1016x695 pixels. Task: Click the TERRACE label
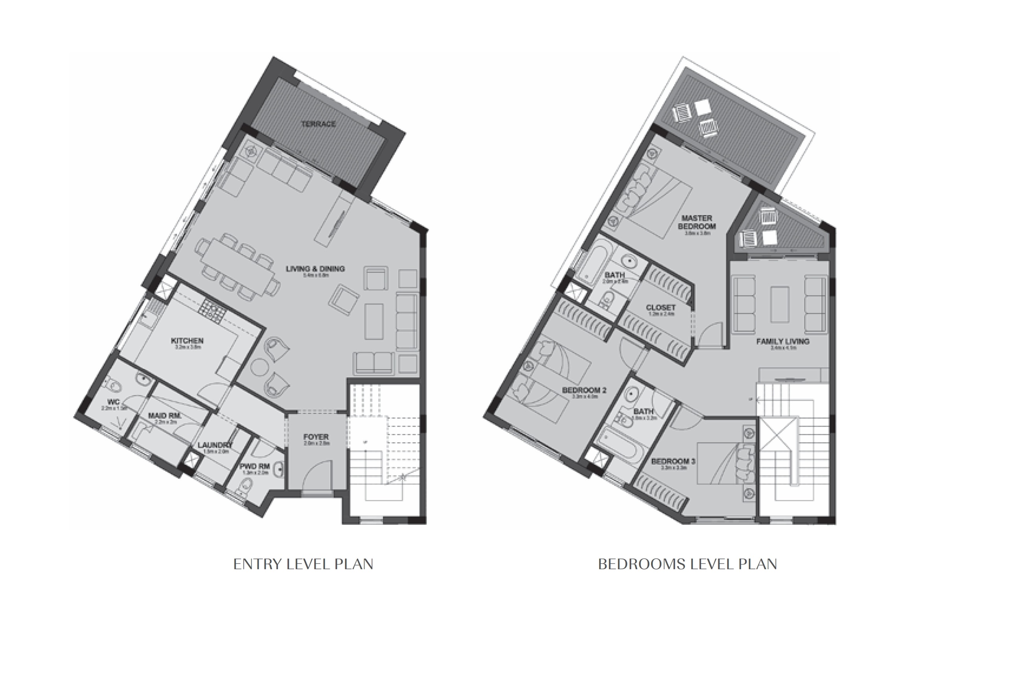click(318, 124)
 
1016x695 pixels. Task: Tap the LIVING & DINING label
click(315, 269)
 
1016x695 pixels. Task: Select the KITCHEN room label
click(187, 341)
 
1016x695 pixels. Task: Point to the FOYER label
click(316, 437)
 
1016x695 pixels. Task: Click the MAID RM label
click(164, 416)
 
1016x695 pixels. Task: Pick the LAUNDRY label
click(215, 445)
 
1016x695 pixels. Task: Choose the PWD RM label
click(255, 467)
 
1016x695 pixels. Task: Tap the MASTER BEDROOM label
click(697, 222)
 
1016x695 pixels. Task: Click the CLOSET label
click(661, 308)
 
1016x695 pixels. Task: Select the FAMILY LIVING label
click(782, 341)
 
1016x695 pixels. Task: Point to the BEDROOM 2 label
click(584, 390)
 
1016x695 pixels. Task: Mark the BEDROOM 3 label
click(673, 461)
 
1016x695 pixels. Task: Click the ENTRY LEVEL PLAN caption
click(304, 564)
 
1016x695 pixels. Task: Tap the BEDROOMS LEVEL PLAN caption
click(687, 564)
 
